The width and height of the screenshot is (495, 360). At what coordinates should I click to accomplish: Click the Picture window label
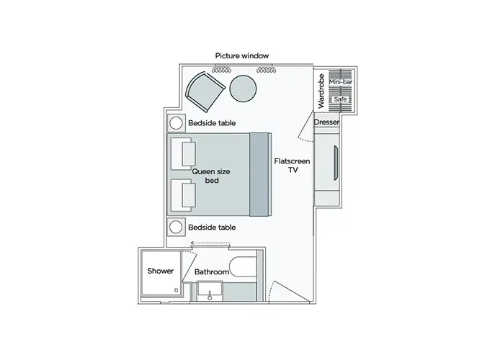pyautogui.click(x=242, y=56)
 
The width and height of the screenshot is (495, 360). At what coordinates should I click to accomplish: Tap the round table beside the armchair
pyautogui.click(x=243, y=89)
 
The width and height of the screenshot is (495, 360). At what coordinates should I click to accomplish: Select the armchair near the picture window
pyautogui.click(x=205, y=91)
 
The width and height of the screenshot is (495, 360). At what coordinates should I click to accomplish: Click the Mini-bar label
pyautogui.click(x=340, y=82)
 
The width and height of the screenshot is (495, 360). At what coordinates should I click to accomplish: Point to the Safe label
pyautogui.click(x=340, y=99)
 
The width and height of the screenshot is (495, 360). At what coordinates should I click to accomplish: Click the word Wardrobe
pyautogui.click(x=321, y=91)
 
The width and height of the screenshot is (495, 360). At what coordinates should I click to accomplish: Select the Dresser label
pyautogui.click(x=326, y=122)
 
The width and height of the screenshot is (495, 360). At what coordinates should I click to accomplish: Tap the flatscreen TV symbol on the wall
pyautogui.click(x=336, y=163)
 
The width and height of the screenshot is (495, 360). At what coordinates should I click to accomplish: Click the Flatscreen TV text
pyautogui.click(x=292, y=166)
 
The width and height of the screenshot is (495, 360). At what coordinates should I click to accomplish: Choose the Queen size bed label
pyautogui.click(x=211, y=176)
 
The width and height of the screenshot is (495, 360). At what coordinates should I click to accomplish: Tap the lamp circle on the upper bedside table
pyautogui.click(x=176, y=123)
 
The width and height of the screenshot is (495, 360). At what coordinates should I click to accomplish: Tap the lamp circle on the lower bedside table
pyautogui.click(x=176, y=227)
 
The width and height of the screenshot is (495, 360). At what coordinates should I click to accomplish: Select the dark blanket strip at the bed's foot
pyautogui.click(x=259, y=174)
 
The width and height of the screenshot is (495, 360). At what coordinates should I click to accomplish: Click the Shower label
pyautogui.click(x=161, y=271)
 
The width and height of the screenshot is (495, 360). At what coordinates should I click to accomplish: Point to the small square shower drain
pyautogui.click(x=176, y=290)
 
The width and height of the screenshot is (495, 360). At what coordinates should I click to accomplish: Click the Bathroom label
pyautogui.click(x=212, y=272)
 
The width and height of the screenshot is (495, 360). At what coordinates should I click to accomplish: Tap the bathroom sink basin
pyautogui.click(x=210, y=291)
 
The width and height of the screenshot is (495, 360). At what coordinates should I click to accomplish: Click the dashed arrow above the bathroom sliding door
pyautogui.click(x=210, y=243)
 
